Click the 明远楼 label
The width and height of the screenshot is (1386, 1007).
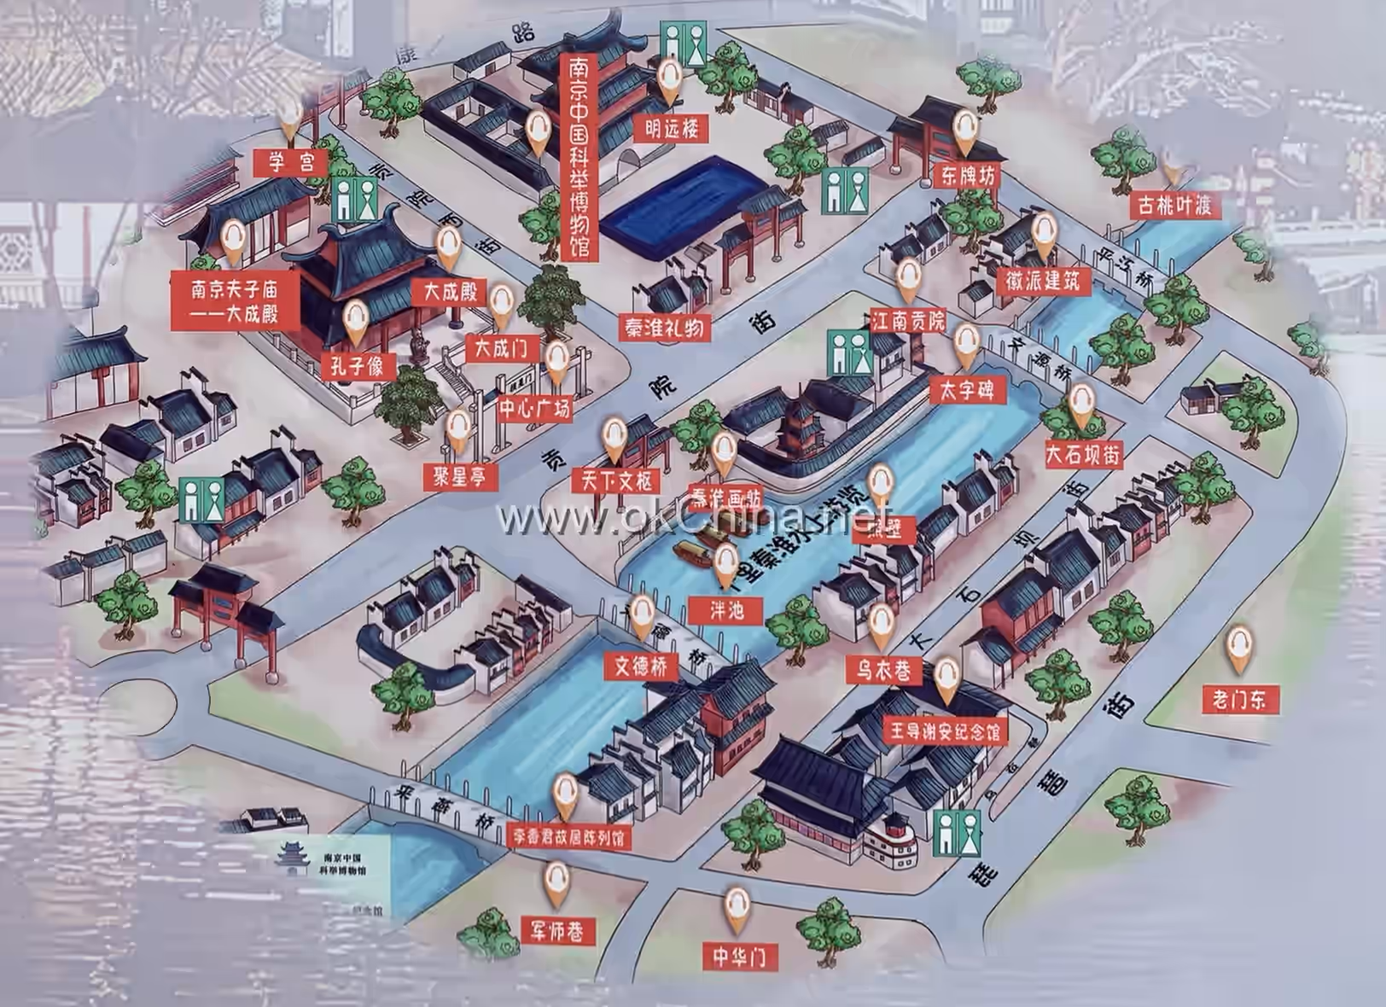click(x=672, y=129)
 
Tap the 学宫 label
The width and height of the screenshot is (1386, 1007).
click(x=291, y=161)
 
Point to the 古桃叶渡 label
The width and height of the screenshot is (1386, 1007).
click(x=1174, y=205)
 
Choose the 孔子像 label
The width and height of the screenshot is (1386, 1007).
click(x=358, y=367)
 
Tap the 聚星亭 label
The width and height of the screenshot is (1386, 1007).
click(x=460, y=475)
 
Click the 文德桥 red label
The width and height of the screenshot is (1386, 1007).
click(x=641, y=666)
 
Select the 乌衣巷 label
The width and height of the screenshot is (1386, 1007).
click(x=883, y=670)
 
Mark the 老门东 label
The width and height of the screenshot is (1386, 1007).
click(x=1239, y=700)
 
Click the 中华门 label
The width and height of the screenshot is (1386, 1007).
click(x=739, y=956)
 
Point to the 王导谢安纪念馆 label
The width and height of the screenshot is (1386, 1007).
click(x=944, y=732)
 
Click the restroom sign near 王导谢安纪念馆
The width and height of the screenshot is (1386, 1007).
click(x=957, y=833)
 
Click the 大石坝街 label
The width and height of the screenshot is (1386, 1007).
click(x=1085, y=454)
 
